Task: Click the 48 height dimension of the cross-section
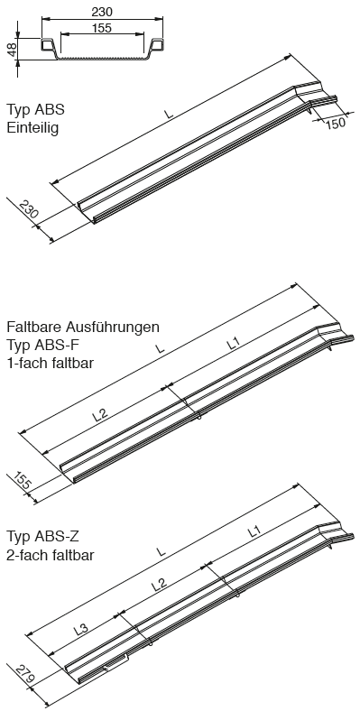pos(12,48)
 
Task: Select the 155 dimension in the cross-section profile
pos(102,28)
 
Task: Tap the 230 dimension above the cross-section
pos(102,13)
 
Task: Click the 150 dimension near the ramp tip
pos(335,123)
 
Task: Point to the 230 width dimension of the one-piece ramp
pos(29,209)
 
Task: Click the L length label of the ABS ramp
pos(169,113)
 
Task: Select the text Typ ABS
pos(36,110)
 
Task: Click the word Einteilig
pos(32,128)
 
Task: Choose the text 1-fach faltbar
pos(50,364)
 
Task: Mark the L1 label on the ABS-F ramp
pos(233,344)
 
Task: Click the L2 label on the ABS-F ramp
pos(101,414)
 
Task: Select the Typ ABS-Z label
pos(43,537)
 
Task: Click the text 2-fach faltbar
pos(51,555)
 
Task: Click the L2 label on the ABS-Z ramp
pos(158,584)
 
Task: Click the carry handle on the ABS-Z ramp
pos(116,663)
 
